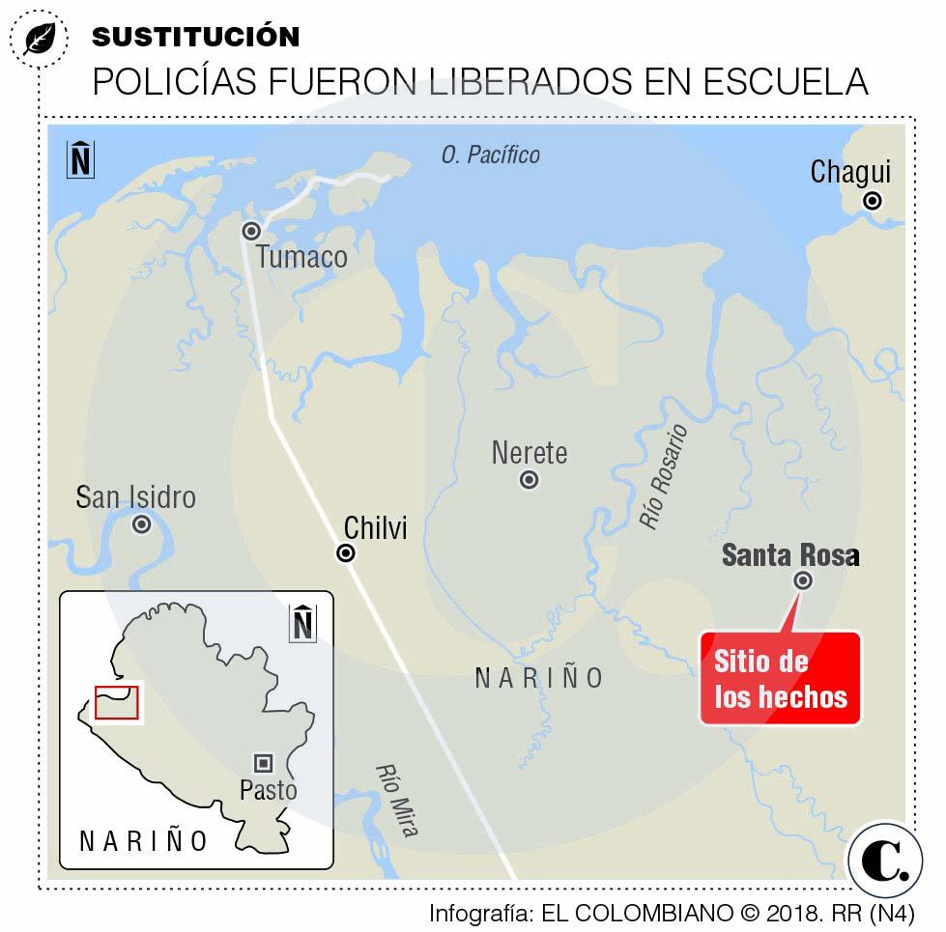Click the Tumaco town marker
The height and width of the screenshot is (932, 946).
click(251, 231)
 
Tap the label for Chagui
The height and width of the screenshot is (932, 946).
click(850, 173)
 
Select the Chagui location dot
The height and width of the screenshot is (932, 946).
click(873, 201)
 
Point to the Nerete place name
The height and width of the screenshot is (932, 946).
click(529, 452)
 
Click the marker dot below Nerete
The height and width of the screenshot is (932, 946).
click(530, 480)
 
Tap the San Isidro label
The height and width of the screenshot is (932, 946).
click(135, 497)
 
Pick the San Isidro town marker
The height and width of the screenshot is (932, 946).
click(142, 524)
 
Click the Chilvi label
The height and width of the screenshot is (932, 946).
click(376, 527)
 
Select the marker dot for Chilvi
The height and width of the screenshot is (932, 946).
click(345, 553)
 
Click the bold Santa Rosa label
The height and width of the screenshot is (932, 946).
click(789, 555)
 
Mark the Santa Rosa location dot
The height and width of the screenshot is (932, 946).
click(803, 580)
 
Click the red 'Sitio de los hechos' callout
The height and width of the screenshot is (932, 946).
click(780, 678)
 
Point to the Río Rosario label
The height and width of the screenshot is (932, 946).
click(663, 476)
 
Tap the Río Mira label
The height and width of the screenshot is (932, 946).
click(396, 800)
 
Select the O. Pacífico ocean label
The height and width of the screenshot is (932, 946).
click(490, 155)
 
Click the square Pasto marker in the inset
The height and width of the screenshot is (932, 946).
click(263, 762)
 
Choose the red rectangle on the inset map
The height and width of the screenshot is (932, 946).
click(117, 702)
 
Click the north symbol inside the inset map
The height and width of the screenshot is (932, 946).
click(303, 622)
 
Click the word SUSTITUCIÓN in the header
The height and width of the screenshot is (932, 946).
click(195, 37)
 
